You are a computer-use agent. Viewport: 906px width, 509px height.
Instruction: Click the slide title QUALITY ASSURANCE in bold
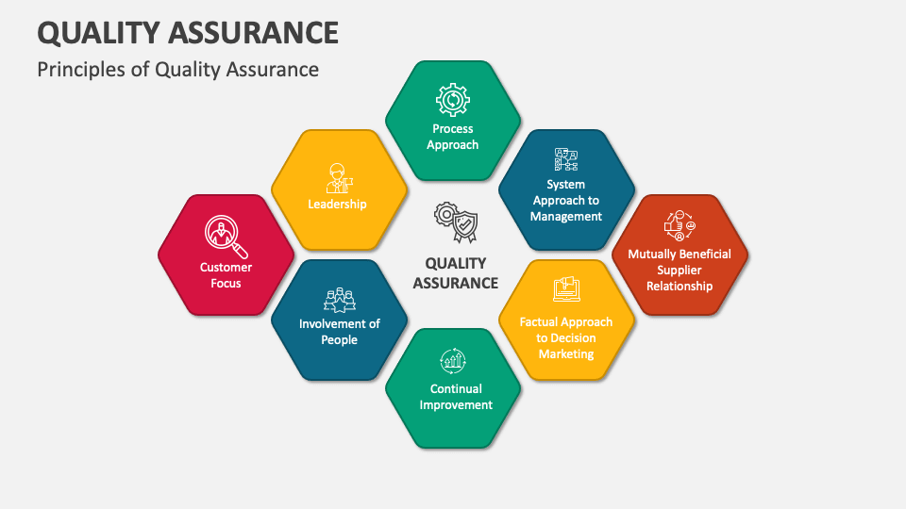(x=188, y=33)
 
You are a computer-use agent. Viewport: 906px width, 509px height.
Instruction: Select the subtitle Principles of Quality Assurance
(x=178, y=70)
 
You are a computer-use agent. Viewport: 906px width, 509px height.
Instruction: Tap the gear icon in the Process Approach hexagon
(x=453, y=100)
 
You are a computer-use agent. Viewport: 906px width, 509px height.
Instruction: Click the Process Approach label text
(x=453, y=137)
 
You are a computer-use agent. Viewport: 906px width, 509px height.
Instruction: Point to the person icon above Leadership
(x=339, y=178)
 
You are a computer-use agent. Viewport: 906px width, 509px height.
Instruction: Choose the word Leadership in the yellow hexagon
(x=338, y=205)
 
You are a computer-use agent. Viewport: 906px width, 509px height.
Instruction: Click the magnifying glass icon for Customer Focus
(x=226, y=236)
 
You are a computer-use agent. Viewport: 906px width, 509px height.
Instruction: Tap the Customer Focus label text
(x=226, y=275)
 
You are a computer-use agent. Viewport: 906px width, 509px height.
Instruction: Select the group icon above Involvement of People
(x=340, y=300)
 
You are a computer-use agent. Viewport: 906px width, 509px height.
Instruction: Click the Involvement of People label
(x=340, y=332)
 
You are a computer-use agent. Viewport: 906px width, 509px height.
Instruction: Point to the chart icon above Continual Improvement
(x=453, y=361)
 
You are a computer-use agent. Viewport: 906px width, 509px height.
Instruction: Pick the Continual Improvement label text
(x=456, y=397)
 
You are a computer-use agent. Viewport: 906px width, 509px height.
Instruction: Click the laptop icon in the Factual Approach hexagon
(x=566, y=289)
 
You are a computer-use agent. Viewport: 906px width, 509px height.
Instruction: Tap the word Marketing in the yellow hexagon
(x=566, y=353)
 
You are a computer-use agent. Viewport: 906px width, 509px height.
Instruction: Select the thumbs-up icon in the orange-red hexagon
(x=679, y=225)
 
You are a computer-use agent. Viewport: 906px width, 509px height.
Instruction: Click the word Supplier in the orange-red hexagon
(x=679, y=271)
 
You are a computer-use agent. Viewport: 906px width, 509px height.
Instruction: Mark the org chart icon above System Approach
(x=566, y=159)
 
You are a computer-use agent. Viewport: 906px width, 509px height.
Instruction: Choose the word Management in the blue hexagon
(x=566, y=217)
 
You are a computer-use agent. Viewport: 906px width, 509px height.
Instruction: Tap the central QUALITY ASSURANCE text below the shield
(x=456, y=273)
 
